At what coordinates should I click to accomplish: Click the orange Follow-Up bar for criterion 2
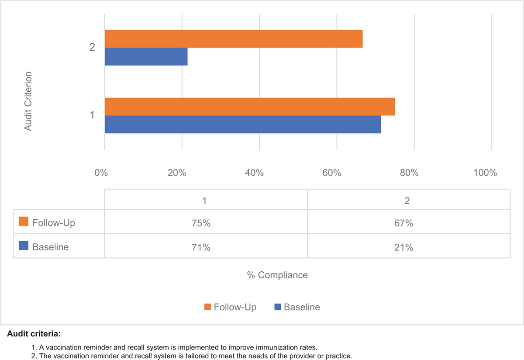(234, 39)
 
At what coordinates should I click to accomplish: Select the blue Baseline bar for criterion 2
(146, 56)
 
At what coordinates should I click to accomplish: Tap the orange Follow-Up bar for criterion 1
(250, 107)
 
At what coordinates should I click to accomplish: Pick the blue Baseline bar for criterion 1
(243, 125)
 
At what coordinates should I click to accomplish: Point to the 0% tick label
(101, 173)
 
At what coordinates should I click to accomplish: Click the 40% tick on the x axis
(255, 173)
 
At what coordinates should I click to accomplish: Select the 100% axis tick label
(485, 173)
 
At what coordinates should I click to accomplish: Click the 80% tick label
(409, 173)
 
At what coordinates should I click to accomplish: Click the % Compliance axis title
(277, 275)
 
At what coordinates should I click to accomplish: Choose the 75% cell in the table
(205, 223)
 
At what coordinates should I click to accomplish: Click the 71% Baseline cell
(205, 247)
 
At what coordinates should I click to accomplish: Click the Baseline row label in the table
(50, 247)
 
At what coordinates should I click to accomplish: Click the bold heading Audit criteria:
(34, 334)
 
